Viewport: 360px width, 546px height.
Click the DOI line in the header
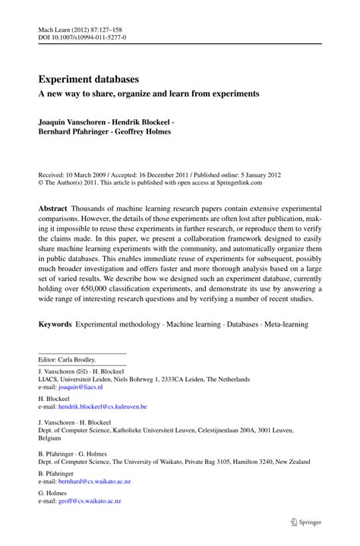click(x=82, y=36)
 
